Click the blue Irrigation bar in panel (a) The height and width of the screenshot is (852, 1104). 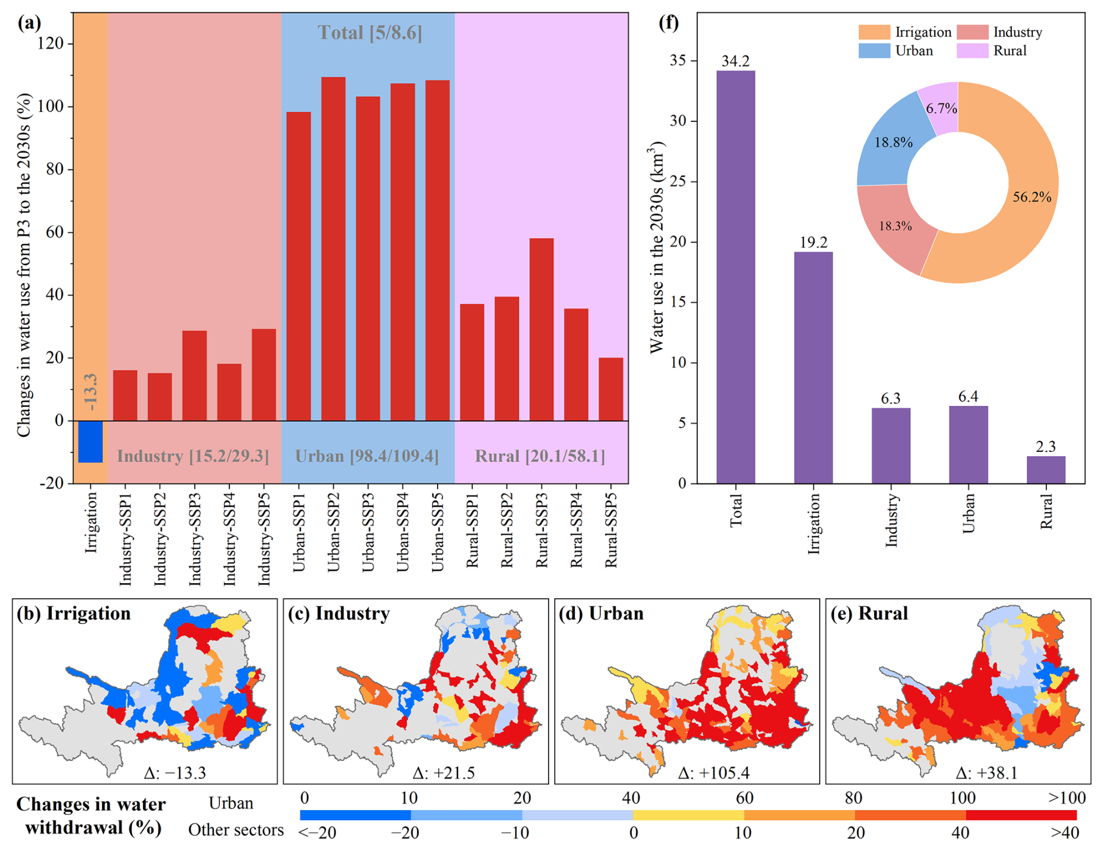pos(90,441)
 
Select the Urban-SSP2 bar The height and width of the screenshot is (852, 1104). pos(333,249)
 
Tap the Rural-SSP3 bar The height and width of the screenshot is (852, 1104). pos(541,329)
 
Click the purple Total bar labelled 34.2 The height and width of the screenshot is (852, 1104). pos(735,277)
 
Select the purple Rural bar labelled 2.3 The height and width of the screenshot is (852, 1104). pos(1046,469)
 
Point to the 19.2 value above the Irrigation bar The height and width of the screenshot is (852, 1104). pos(813,242)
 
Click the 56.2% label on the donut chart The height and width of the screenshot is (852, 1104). pos(1032,197)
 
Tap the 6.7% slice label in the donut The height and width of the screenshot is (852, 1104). pos(941,108)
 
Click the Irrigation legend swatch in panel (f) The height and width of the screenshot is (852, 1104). pos(874,32)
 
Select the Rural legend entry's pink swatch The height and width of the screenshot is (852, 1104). pos(973,51)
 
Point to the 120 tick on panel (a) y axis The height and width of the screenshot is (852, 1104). pos(53,44)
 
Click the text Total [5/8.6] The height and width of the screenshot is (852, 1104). pos(369,33)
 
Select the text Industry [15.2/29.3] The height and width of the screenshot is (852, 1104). pos(193,456)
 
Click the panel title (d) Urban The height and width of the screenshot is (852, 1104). pos(601,613)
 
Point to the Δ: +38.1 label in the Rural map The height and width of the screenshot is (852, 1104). pos(987,773)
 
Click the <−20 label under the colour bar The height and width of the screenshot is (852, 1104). pos(317,833)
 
